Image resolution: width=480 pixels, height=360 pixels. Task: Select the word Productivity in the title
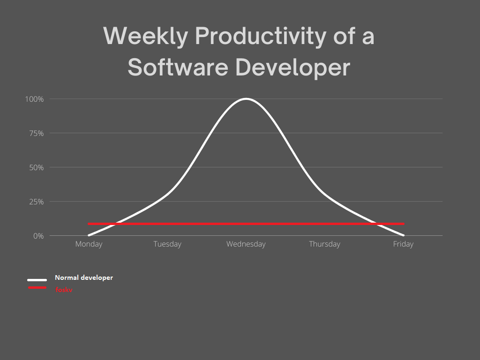point(261,37)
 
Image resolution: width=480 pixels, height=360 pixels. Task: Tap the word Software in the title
point(178,67)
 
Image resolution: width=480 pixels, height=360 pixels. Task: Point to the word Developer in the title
point(292,68)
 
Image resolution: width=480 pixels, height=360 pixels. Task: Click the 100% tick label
point(34,99)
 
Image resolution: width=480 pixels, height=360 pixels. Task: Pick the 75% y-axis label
point(37,134)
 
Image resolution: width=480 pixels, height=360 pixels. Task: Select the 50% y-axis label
point(37,168)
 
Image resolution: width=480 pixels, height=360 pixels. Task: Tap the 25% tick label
point(37,202)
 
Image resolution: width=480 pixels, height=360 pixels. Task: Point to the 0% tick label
point(38,236)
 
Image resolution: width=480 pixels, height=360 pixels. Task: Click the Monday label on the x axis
point(89,244)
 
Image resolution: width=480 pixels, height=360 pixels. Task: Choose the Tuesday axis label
point(167,244)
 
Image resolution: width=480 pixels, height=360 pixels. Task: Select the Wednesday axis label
point(246,244)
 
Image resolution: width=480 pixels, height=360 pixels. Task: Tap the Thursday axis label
point(324,244)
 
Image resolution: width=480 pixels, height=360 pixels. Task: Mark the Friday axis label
point(403,244)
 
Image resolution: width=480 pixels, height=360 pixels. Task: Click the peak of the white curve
point(246,98)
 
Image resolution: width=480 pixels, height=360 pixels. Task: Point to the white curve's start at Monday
point(89,235)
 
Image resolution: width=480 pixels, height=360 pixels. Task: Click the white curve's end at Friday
point(404,235)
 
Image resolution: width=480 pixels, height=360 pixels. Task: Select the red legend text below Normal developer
point(64,290)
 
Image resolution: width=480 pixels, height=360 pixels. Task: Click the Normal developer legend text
point(84,277)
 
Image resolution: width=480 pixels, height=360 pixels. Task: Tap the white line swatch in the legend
point(37,280)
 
